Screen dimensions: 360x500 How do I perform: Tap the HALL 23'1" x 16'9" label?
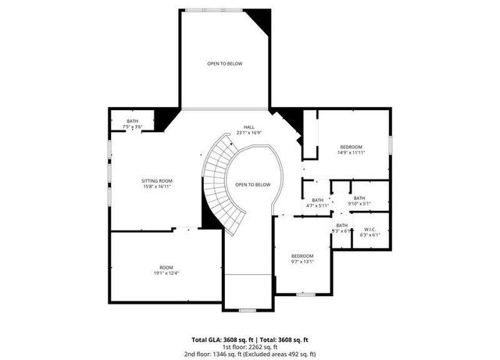click(x=248, y=130)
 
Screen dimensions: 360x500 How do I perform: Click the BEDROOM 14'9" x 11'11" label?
click(x=352, y=150)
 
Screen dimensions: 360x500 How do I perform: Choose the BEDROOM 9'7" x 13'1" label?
click(x=302, y=258)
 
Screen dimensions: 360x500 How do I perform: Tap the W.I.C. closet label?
click(x=370, y=232)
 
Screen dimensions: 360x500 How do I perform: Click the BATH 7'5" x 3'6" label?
click(x=133, y=123)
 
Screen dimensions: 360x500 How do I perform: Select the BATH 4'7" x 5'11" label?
click(x=317, y=202)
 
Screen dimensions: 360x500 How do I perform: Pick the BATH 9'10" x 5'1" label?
click(x=359, y=201)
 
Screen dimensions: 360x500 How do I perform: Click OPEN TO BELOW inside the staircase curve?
click(x=253, y=184)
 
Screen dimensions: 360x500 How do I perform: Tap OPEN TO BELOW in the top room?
click(x=224, y=63)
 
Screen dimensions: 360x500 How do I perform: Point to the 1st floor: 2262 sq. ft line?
click(x=250, y=347)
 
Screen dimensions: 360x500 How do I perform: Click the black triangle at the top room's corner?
click(x=262, y=19)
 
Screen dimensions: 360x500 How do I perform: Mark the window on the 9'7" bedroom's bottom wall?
click(x=306, y=294)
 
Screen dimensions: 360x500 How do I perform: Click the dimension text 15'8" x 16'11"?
click(x=156, y=187)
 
